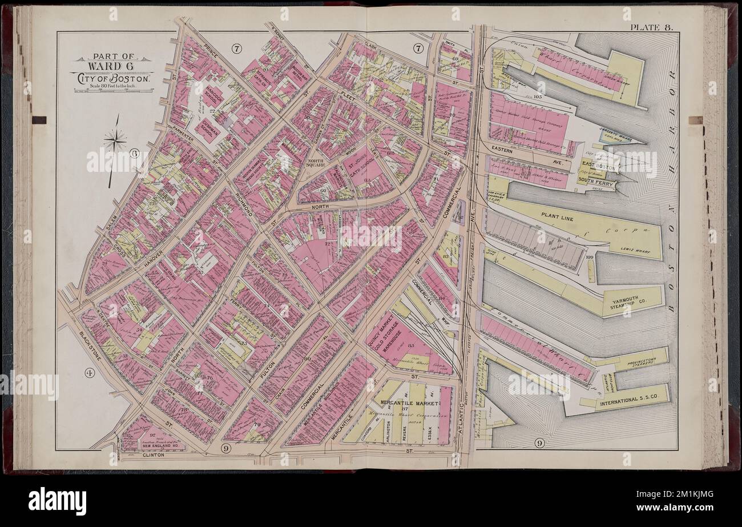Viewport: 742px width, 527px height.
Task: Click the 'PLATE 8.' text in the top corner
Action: [x=652, y=27]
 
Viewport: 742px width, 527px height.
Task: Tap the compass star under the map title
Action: [x=115, y=139]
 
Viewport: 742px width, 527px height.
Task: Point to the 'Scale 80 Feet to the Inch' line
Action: [x=111, y=86]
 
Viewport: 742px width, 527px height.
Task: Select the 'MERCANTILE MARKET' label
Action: [x=410, y=403]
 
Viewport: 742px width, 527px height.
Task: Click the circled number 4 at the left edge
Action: [x=88, y=373]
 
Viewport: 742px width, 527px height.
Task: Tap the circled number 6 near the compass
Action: [x=134, y=152]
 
